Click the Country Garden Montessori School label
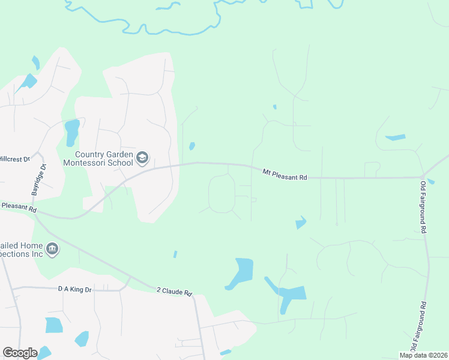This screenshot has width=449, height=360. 98,158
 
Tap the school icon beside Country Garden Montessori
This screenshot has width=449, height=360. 142,158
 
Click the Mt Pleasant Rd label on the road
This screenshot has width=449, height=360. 285,174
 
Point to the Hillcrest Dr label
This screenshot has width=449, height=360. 14,159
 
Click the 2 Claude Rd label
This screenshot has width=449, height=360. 174,291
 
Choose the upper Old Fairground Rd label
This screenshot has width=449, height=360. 424,207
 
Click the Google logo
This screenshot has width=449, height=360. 20,353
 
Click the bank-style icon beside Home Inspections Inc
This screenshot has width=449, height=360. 52,248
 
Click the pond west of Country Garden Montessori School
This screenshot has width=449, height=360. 72,131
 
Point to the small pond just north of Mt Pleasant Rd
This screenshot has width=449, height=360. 192,146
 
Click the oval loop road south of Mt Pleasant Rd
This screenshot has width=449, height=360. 221,193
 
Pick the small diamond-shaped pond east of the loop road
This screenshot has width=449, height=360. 301,223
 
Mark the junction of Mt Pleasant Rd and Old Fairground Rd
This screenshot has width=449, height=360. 423,177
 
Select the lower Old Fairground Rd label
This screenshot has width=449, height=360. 418,327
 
